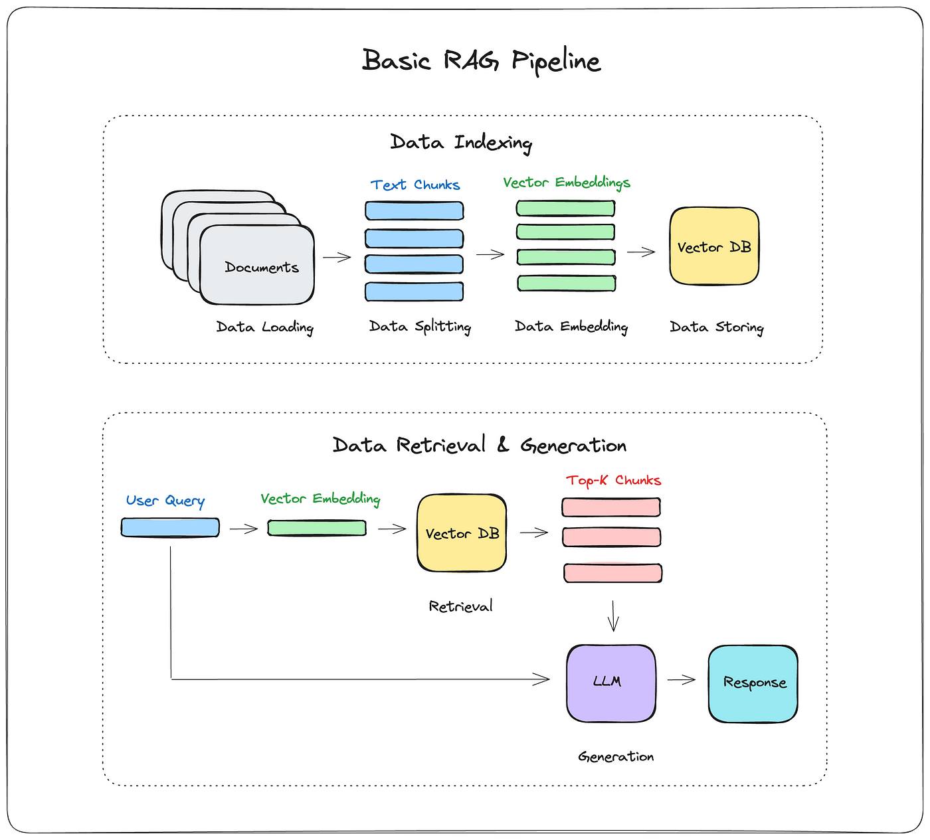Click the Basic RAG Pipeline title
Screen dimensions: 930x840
coord(481,60)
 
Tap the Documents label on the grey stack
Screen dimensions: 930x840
coord(262,267)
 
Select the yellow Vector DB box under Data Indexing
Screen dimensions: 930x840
coord(714,246)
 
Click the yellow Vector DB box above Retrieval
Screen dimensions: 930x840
coord(462,533)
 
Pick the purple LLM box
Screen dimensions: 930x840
coord(611,683)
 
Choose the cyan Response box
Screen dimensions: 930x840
coord(753,684)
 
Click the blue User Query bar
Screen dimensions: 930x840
coord(170,527)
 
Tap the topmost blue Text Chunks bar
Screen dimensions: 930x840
coord(414,210)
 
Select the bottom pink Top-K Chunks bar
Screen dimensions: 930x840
coord(612,573)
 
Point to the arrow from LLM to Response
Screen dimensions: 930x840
coord(682,679)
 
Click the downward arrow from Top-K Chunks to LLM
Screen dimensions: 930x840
coord(613,616)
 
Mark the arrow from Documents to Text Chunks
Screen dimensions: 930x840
coord(337,257)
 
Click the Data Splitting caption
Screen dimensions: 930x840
coord(420,327)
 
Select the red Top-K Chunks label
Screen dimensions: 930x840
coord(613,481)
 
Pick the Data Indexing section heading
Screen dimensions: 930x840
coord(461,142)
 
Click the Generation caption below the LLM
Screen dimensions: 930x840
coord(616,756)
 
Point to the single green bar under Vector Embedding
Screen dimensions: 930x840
coord(317,528)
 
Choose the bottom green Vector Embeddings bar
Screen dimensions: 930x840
coord(566,284)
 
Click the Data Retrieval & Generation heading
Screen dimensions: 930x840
coord(480,445)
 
